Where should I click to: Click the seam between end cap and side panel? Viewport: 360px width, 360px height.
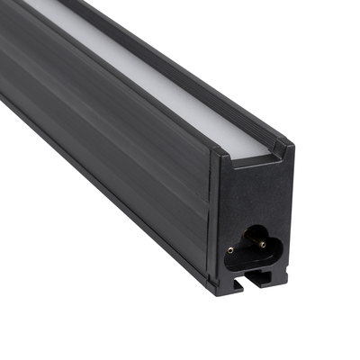pos(212,216)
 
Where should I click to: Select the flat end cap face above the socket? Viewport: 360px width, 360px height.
pos(256,189)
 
